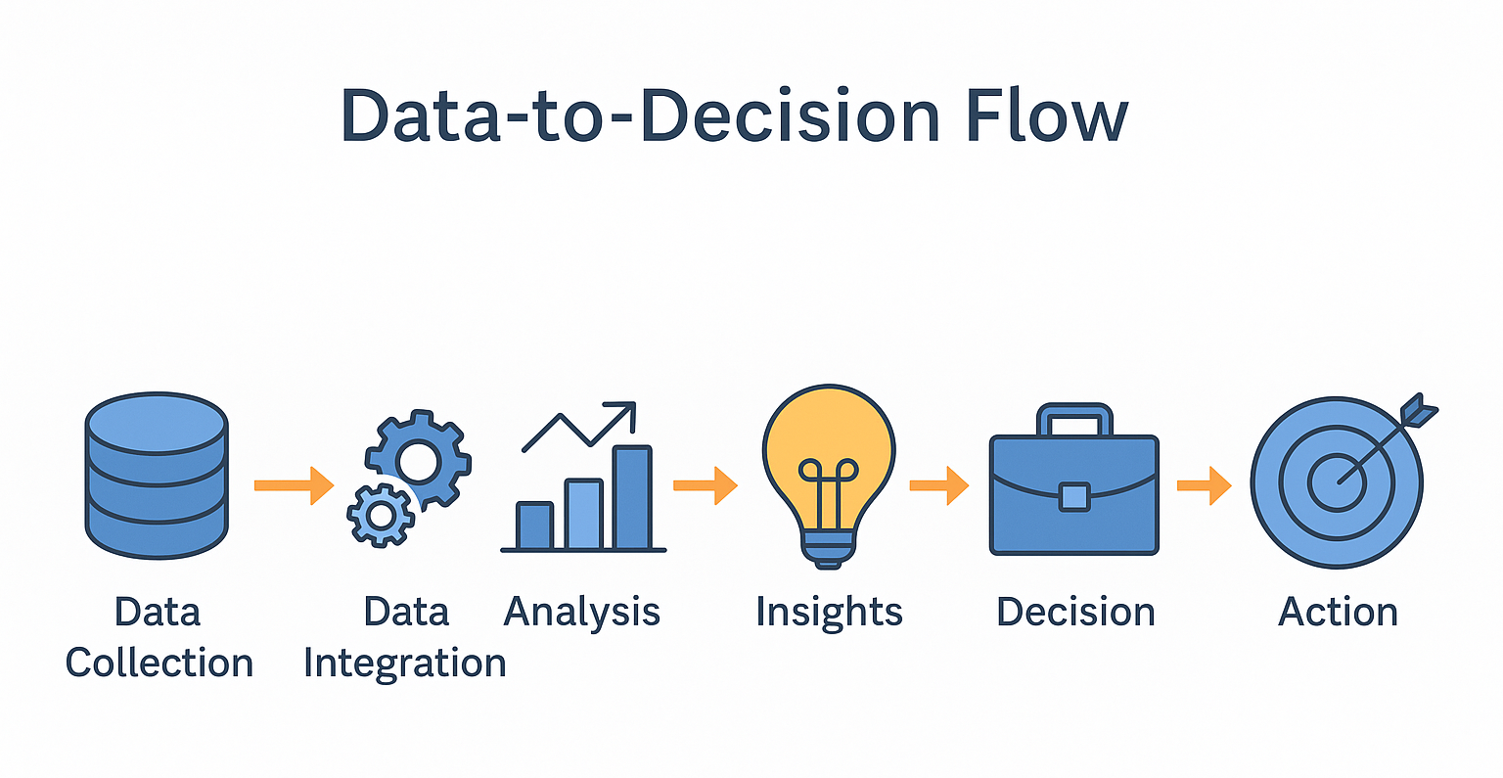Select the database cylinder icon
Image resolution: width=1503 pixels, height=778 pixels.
[157, 476]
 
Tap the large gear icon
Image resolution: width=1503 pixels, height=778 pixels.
[419, 459]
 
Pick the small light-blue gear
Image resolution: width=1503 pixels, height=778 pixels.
[381, 516]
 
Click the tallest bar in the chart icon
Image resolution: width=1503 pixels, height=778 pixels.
[633, 497]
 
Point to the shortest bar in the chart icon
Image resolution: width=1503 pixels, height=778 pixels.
[535, 526]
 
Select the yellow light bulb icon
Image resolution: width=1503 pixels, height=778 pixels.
[829, 477]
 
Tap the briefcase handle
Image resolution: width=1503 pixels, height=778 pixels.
[1074, 420]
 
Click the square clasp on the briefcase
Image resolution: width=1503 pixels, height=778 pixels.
[1074, 497]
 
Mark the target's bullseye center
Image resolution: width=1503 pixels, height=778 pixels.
[1337, 482]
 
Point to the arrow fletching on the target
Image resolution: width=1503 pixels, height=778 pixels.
[1418, 411]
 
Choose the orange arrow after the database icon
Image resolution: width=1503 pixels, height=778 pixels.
[294, 484]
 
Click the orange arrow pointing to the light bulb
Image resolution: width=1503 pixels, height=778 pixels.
[706, 484]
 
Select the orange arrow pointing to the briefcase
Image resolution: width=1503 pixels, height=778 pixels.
[938, 484]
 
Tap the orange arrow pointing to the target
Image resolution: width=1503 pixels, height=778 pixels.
[1205, 484]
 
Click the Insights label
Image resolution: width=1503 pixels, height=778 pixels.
[830, 613]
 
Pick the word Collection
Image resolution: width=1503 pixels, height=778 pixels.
[159, 663]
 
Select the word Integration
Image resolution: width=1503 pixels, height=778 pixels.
[404, 664]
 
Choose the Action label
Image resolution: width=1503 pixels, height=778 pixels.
[1338, 613]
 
